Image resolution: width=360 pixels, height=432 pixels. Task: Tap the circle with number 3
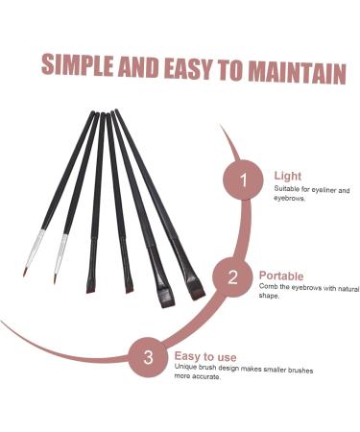coord(148,358)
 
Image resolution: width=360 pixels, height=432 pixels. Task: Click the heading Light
coord(287,177)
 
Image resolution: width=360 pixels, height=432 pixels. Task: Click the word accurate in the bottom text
coord(206,376)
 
